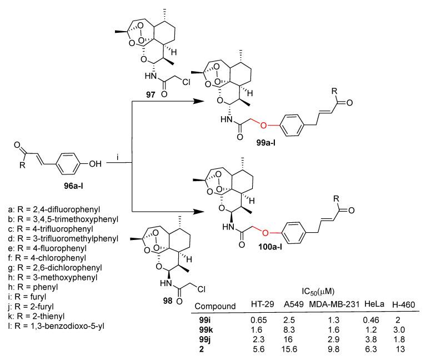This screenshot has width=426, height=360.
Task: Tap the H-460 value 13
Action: [402, 348]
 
